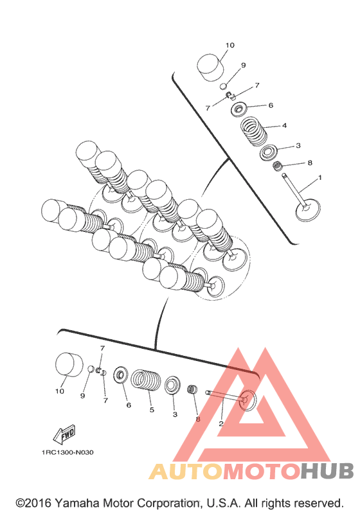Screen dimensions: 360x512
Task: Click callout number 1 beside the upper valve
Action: (x=319, y=178)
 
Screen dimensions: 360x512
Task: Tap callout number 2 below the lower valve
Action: (x=221, y=423)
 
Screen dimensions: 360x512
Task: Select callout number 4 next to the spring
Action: (x=284, y=125)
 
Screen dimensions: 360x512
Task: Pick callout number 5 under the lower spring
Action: (x=152, y=409)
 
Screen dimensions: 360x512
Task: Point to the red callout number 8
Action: (x=198, y=419)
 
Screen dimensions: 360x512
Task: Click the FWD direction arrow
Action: (x=65, y=435)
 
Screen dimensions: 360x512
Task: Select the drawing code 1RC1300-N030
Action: (x=67, y=452)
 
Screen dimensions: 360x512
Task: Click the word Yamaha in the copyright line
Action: (x=76, y=503)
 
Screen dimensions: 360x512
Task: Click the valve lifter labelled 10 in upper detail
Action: (x=210, y=67)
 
